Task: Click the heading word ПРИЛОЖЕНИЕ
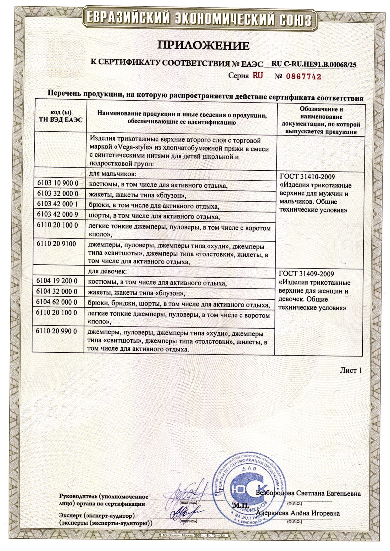203,46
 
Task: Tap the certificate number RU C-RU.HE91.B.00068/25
314,64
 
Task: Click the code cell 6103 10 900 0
58,183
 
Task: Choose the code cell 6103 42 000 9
58,215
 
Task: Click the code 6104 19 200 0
57,281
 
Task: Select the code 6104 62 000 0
57,302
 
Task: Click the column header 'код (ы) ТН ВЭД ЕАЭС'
61,116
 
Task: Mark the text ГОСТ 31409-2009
306,274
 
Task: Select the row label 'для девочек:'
108,271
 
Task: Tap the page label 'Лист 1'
351,370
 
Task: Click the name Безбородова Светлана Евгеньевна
309,493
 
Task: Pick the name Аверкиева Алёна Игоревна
298,513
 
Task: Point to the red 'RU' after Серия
256,76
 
